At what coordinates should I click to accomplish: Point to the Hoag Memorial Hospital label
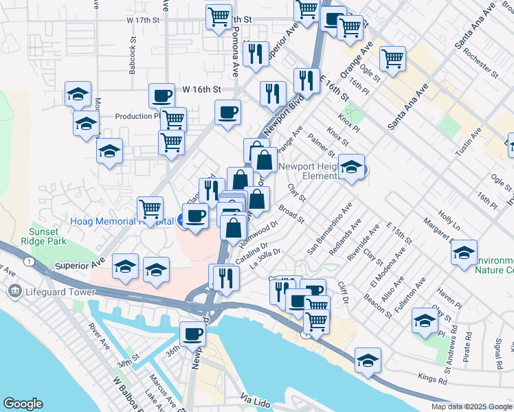point(120,221)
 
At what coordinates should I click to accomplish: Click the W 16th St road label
point(201,89)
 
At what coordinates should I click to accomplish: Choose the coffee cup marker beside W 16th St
point(163,96)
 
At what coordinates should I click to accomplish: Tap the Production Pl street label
point(137,116)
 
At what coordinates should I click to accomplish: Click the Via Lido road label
point(257,398)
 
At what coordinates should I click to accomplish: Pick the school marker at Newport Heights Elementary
point(351,167)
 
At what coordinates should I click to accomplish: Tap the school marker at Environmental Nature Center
point(464,252)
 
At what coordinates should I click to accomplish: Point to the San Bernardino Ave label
point(331,227)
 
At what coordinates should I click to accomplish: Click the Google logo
point(23,404)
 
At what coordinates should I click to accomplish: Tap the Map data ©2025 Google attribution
point(471,407)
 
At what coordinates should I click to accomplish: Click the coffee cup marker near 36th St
point(192,334)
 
